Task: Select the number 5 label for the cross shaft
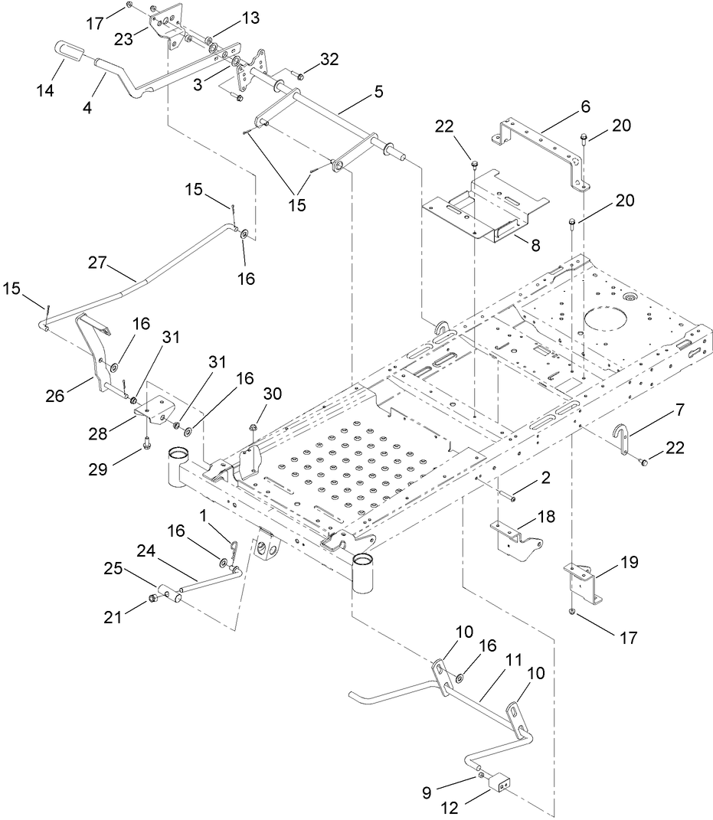pos(357,90)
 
